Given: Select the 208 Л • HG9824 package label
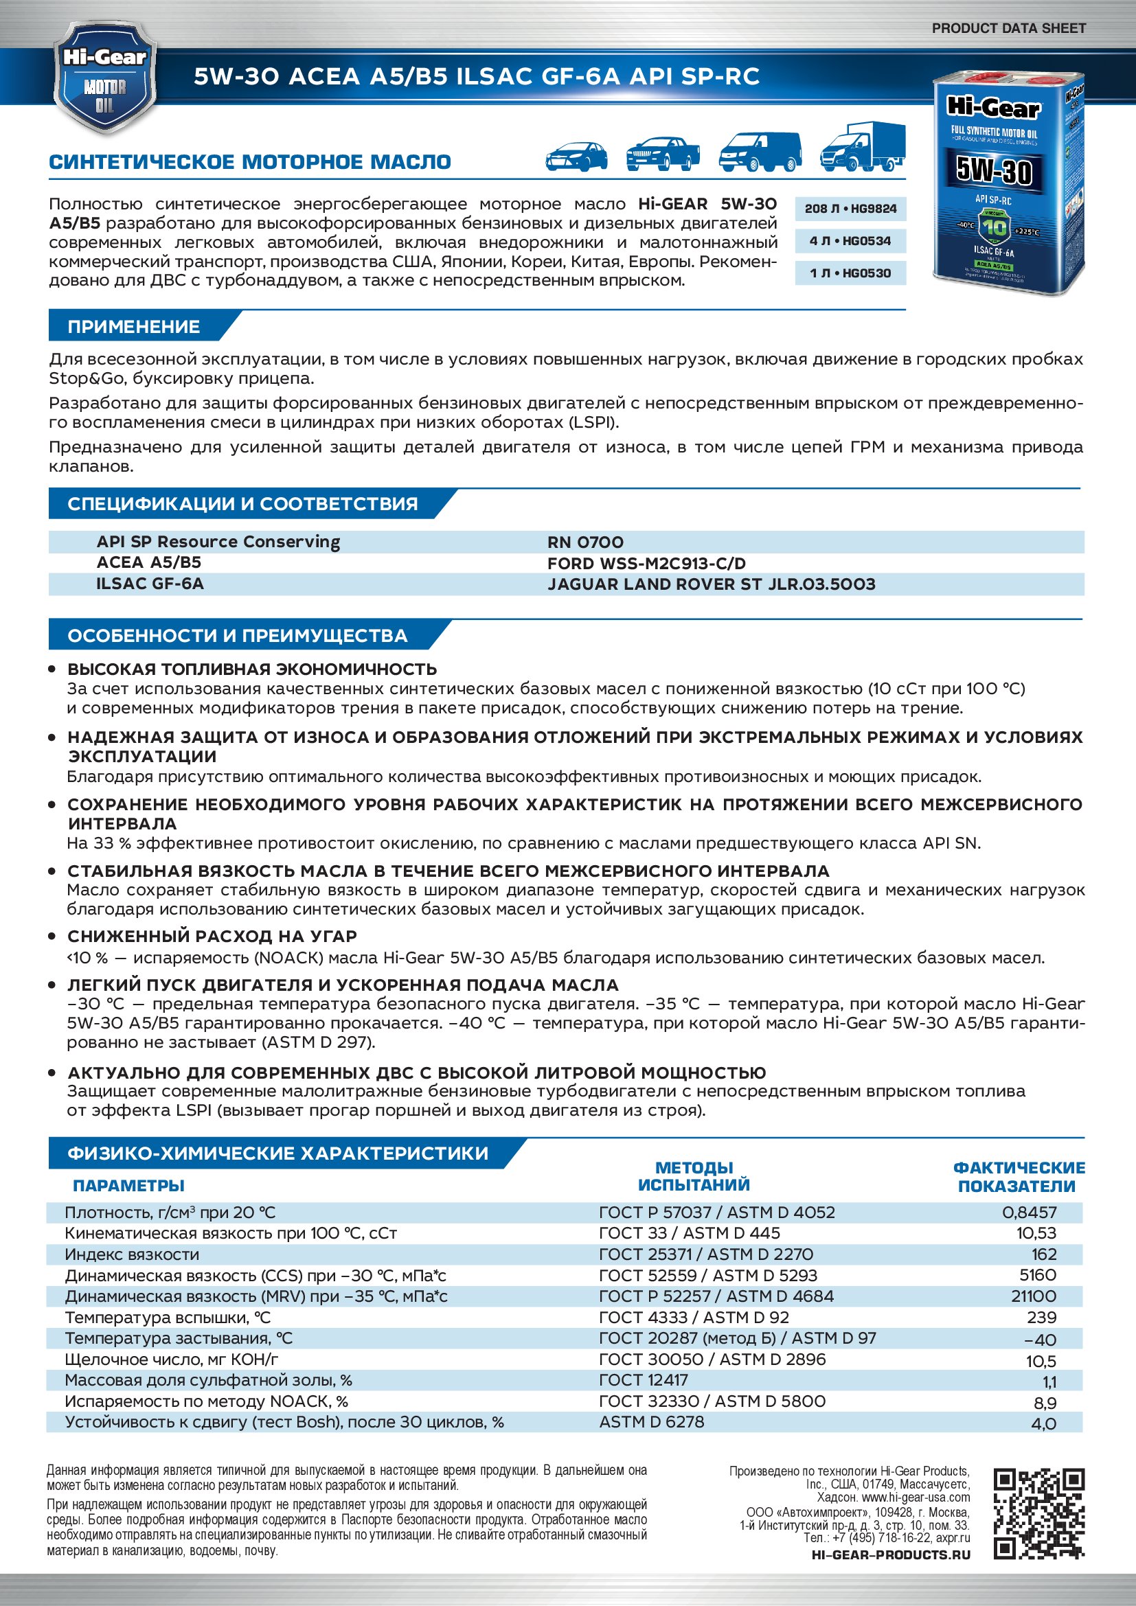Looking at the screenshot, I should [850, 209].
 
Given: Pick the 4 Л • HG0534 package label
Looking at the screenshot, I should [850, 241].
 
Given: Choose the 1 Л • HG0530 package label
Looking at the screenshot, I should [850, 273].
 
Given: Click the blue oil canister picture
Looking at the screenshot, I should [1008, 183].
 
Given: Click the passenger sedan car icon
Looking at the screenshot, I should [576, 155].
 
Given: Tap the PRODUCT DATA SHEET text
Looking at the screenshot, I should [1008, 28].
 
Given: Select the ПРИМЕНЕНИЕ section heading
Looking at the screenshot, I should [134, 327].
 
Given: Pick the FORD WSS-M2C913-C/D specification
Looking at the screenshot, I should [646, 563].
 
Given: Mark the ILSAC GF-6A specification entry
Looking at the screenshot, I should [150, 584].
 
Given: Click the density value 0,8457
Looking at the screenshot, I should [1029, 1212].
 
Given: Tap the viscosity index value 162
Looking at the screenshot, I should [1043, 1254].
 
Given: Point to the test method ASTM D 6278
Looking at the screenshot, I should [651, 1421].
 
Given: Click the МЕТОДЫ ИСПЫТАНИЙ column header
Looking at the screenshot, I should [693, 1175].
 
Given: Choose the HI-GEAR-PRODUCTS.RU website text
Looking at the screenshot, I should [891, 1555].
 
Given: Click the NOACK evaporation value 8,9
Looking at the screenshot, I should [1045, 1403].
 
